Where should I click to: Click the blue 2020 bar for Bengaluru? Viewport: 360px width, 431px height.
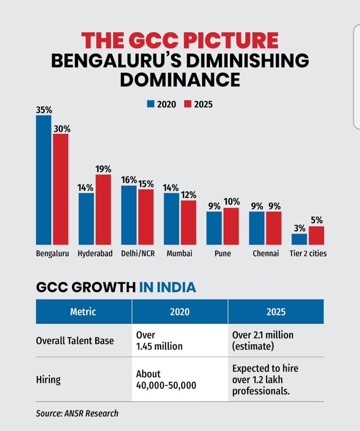[x=44, y=180]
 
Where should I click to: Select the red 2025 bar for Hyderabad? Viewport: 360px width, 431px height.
[x=103, y=210]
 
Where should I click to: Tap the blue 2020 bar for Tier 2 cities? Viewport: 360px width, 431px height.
[x=299, y=239]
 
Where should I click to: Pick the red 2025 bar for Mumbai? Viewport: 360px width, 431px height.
[x=188, y=223]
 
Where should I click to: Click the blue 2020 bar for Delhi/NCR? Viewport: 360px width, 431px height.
[x=129, y=215]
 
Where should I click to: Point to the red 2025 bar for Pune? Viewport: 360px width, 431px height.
[x=231, y=226]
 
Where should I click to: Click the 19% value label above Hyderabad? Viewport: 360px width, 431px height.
[x=103, y=169]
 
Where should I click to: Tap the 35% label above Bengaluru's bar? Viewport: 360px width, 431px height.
[x=44, y=110]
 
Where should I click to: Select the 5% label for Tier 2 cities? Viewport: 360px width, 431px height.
[x=317, y=220]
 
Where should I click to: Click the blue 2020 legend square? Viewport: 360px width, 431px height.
[x=151, y=104]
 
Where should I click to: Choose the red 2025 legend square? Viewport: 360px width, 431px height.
[x=188, y=104]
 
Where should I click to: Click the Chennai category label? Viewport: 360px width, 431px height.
[x=266, y=253]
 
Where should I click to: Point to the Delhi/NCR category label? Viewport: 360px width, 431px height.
[x=138, y=253]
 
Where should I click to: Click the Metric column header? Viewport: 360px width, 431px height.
[x=83, y=312]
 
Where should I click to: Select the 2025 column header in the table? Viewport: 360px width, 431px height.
[x=276, y=312]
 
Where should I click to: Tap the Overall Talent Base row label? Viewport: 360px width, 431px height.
[x=75, y=341]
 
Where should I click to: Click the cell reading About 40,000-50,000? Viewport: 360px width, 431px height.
[x=166, y=380]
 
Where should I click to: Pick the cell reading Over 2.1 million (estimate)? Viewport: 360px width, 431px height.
[x=263, y=341]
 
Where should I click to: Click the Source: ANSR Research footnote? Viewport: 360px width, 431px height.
[x=77, y=413]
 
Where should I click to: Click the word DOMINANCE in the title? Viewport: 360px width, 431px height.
[x=180, y=80]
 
